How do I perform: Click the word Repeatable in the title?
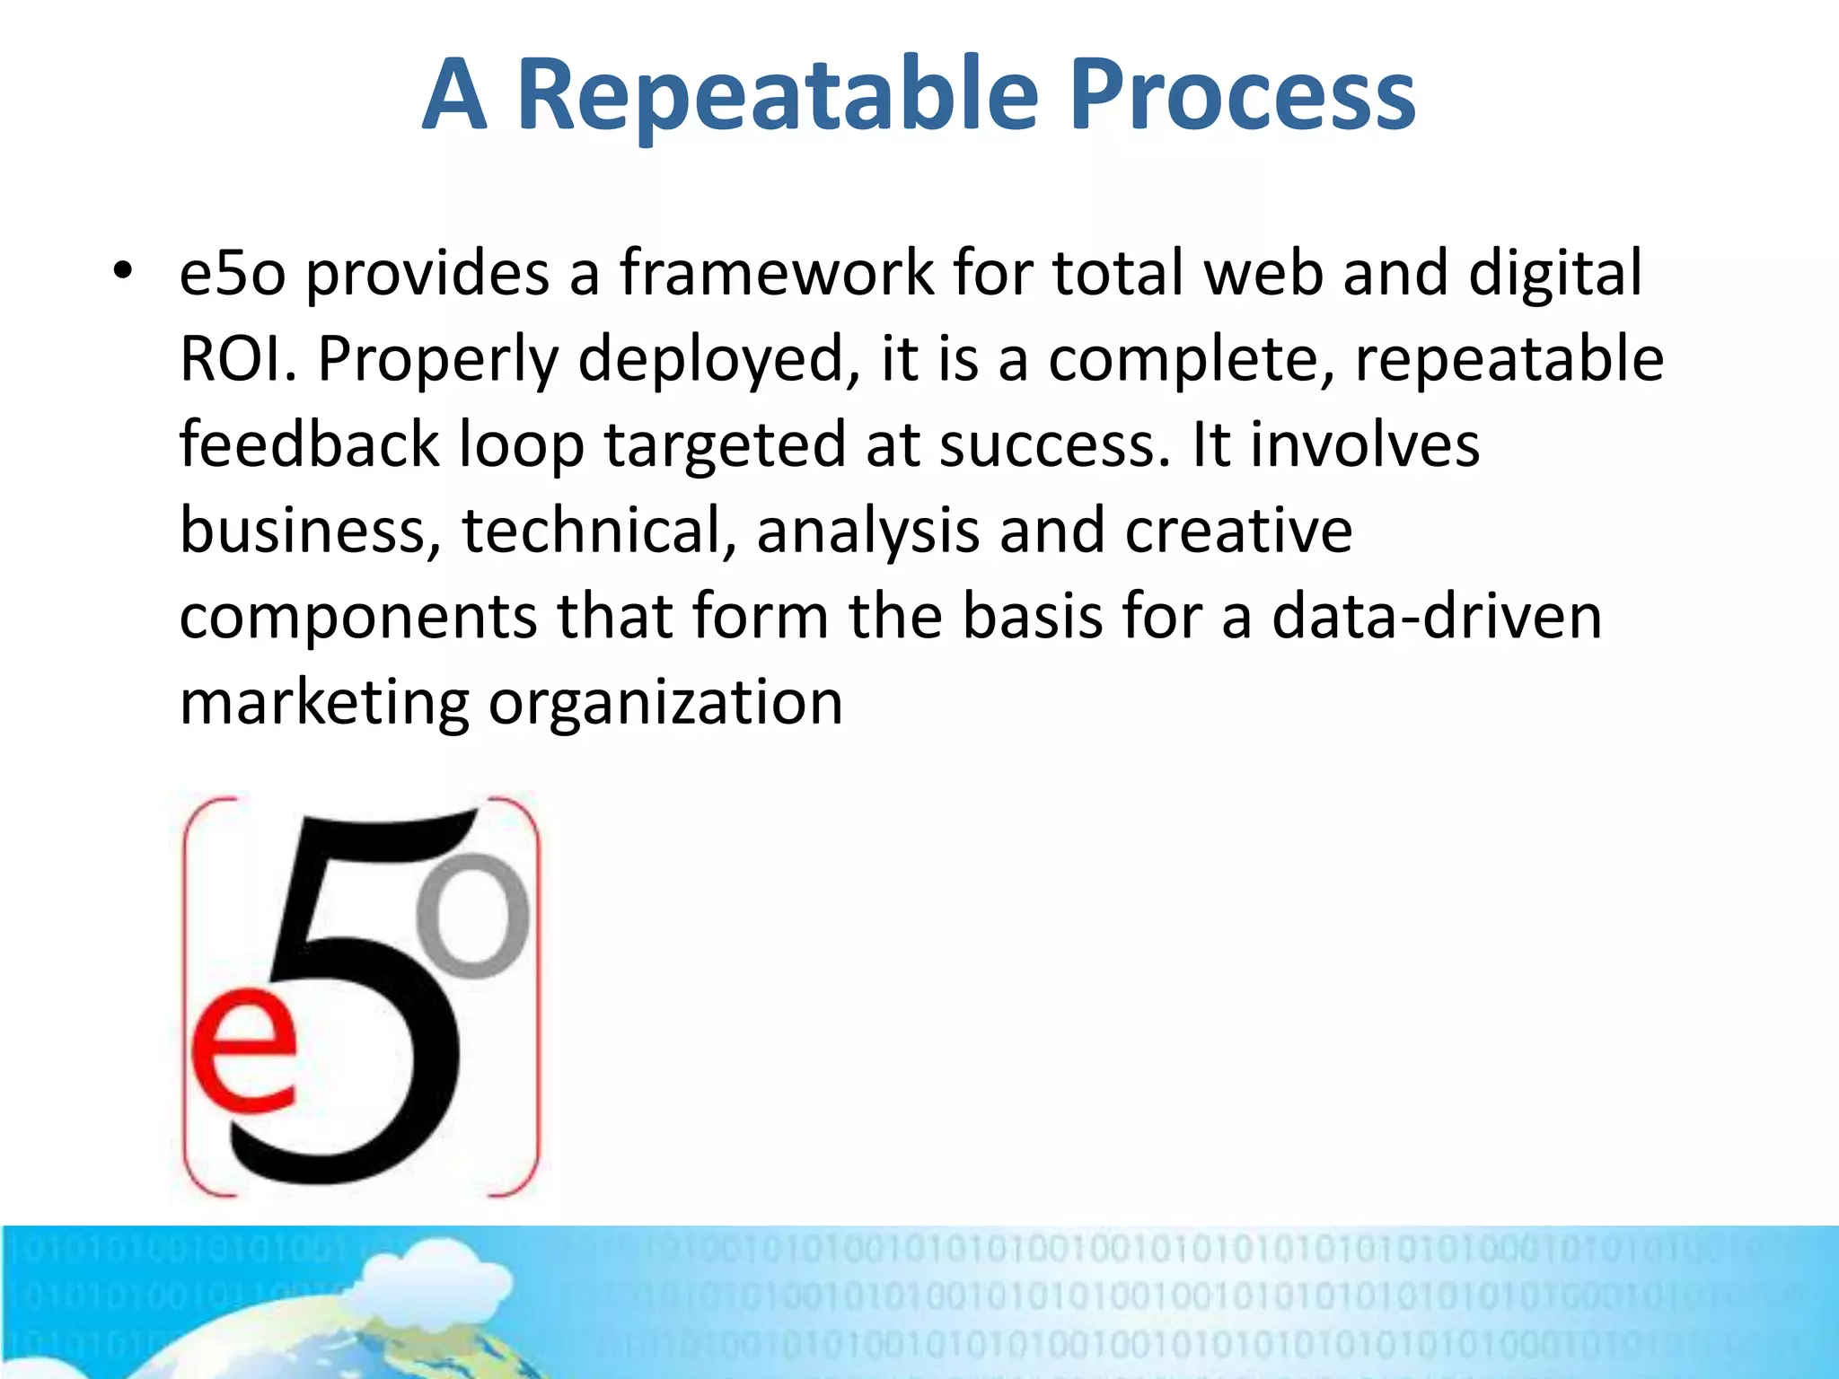(x=778, y=94)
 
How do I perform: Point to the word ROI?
(x=237, y=358)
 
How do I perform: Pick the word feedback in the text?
(x=309, y=444)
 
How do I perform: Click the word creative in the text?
(x=1238, y=530)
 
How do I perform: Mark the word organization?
(x=665, y=703)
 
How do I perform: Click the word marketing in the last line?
(x=324, y=703)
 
